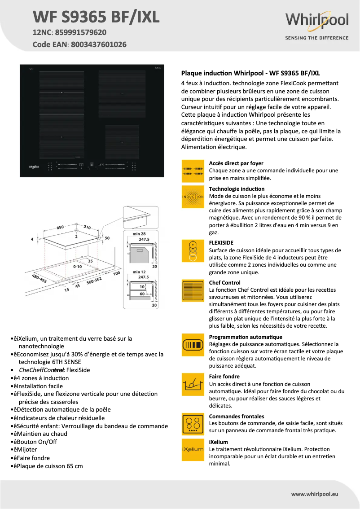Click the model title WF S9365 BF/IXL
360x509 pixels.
click(96, 17)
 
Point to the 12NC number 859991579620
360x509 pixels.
click(80, 32)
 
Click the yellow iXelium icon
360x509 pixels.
click(193, 450)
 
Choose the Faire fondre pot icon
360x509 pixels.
click(193, 384)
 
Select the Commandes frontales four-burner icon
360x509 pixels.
click(193, 424)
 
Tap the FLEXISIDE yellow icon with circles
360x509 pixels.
click(193, 250)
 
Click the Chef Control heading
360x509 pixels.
click(224, 283)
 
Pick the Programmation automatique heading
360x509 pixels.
click(246, 337)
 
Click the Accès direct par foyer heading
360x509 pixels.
click(236, 163)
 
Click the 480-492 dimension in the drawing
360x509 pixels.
click(39, 279)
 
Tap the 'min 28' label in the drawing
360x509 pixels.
click(140, 234)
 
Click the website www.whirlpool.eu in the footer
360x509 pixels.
click(314, 494)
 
